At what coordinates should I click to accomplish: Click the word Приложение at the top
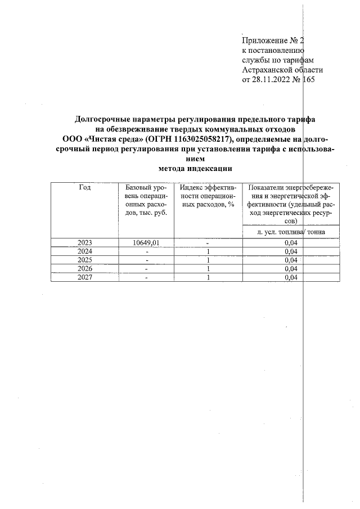pyautogui.click(x=262, y=40)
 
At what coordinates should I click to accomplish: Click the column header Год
pyautogui.click(x=84, y=187)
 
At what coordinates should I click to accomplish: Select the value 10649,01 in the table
pyautogui.click(x=146, y=242)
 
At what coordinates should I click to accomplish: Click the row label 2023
pyautogui.click(x=84, y=242)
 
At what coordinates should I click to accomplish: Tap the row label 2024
pyautogui.click(x=84, y=251)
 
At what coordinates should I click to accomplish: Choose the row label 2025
pyautogui.click(x=84, y=260)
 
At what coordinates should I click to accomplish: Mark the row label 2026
pyautogui.click(x=84, y=268)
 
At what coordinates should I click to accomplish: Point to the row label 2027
pyautogui.click(x=84, y=277)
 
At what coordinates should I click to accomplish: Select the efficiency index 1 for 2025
pyautogui.click(x=208, y=260)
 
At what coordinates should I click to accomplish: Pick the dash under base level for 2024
pyautogui.click(x=146, y=251)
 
